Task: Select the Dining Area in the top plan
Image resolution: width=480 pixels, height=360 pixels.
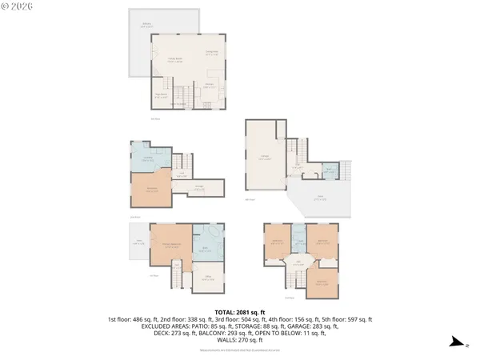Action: point(212,53)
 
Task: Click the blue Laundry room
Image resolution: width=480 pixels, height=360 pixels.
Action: point(149,159)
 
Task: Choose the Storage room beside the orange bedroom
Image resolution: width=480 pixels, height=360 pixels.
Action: point(198,189)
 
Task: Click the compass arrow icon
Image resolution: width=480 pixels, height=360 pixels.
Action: point(455,342)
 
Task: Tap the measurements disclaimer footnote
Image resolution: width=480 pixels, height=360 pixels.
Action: point(240,350)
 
